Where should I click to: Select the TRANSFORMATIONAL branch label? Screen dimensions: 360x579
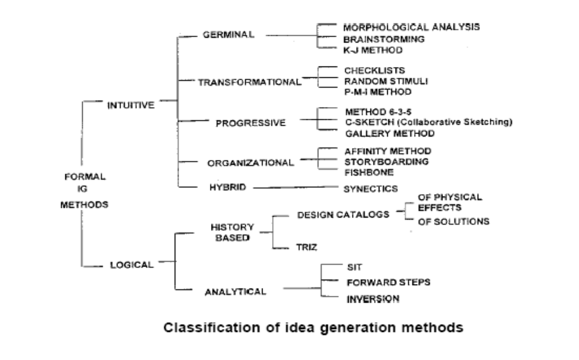[x=249, y=82]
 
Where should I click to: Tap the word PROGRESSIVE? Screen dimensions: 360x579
[x=251, y=123]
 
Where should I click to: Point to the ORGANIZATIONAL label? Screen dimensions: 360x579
[x=251, y=163]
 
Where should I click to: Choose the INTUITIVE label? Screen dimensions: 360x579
[x=131, y=105]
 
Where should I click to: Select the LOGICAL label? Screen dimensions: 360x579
[x=132, y=265]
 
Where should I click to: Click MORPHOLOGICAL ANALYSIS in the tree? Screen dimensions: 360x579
[x=411, y=28]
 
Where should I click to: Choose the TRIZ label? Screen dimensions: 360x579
[x=307, y=246]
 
